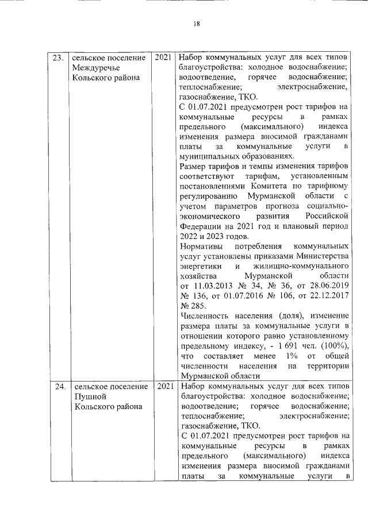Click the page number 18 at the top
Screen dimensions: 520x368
[x=196, y=24]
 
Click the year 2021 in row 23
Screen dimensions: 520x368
[x=163, y=57]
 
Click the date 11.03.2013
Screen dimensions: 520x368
[x=209, y=286]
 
